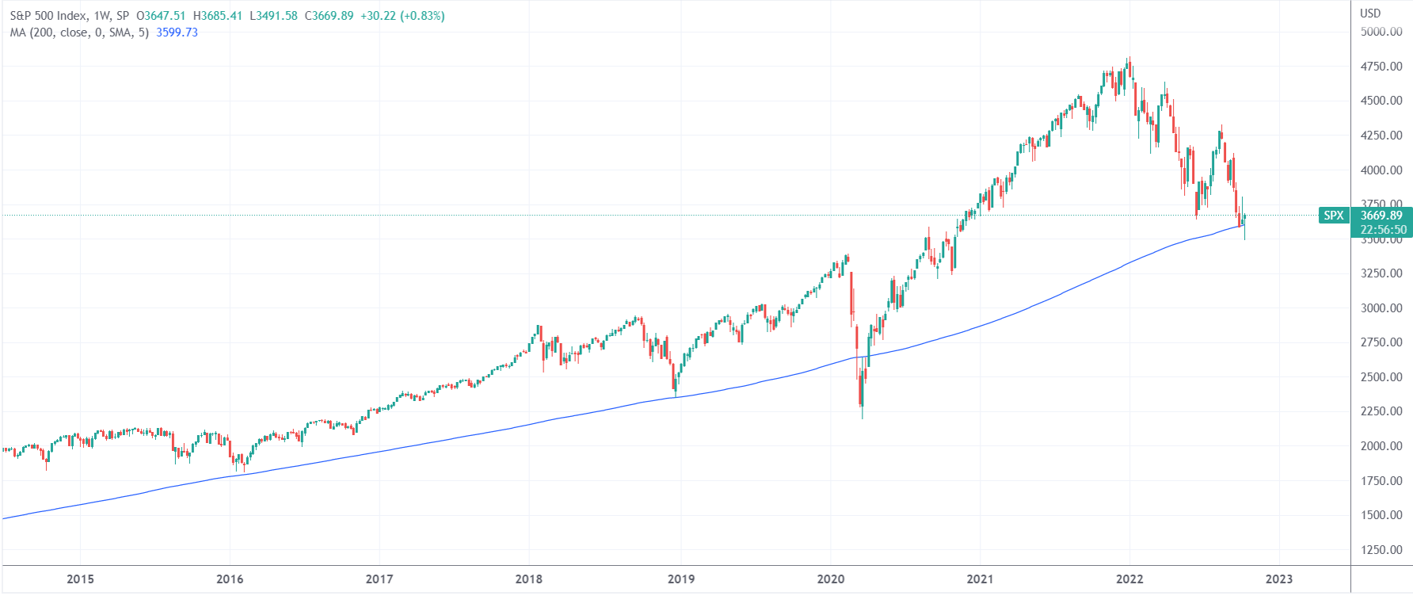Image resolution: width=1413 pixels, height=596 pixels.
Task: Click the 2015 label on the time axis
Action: click(x=80, y=579)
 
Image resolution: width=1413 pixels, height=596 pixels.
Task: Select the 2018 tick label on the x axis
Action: click(x=529, y=579)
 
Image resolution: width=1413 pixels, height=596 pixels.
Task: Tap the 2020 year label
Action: click(x=831, y=579)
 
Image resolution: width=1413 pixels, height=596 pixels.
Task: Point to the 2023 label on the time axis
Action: click(x=1279, y=579)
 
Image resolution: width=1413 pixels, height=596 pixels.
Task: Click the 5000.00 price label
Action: click(x=1381, y=32)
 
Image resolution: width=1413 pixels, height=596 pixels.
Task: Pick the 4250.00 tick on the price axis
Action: click(x=1381, y=136)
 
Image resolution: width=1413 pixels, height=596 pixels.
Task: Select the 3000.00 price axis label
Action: click(x=1381, y=308)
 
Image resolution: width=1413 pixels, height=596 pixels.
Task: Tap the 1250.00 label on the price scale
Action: click(x=1381, y=550)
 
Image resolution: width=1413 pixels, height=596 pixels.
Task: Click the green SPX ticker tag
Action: click(x=1334, y=216)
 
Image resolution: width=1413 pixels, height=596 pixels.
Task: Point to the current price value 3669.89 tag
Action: click(x=1381, y=216)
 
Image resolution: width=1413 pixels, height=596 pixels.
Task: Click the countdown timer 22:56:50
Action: click(x=1383, y=230)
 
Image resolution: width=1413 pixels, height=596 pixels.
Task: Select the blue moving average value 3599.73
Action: click(x=177, y=32)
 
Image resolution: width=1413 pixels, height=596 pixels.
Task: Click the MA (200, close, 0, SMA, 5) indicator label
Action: click(x=79, y=32)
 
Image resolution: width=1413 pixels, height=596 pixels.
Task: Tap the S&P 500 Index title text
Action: click(x=48, y=16)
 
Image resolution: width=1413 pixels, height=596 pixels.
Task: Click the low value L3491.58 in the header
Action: click(x=273, y=16)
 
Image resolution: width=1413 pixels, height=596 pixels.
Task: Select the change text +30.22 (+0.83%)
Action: click(x=402, y=16)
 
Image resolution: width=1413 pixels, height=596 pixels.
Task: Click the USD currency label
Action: click(x=1370, y=13)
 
